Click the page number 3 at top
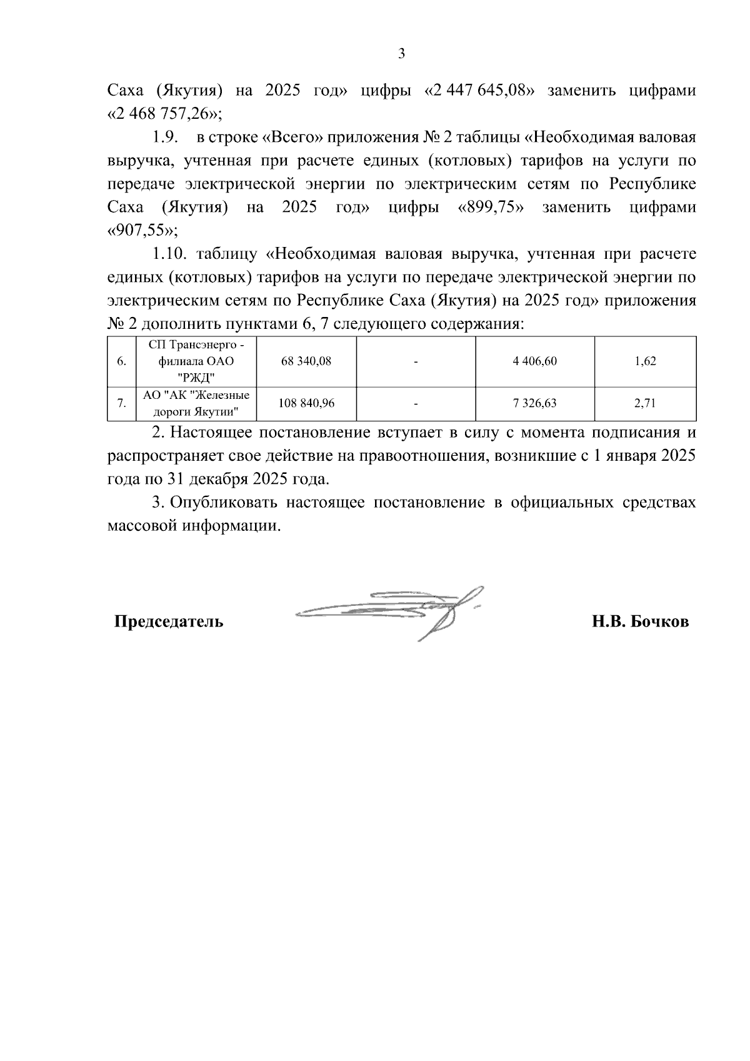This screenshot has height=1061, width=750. (x=401, y=54)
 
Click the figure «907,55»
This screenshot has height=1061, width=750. (x=142, y=230)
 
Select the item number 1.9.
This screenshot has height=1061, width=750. (x=166, y=138)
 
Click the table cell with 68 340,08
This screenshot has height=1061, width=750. (x=306, y=361)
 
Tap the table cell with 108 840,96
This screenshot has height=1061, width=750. (x=306, y=403)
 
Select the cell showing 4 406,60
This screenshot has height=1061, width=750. (x=534, y=361)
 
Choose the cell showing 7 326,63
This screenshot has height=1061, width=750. (x=534, y=403)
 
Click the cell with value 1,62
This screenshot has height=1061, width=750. (x=644, y=361)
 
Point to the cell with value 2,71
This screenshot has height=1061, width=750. (x=644, y=403)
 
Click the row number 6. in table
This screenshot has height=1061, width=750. (x=122, y=361)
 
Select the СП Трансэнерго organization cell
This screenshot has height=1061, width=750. (x=196, y=361)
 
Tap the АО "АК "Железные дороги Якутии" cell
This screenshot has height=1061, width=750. (x=196, y=403)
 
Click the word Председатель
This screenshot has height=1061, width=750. (x=168, y=622)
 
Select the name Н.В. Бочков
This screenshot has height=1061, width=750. (x=641, y=622)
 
